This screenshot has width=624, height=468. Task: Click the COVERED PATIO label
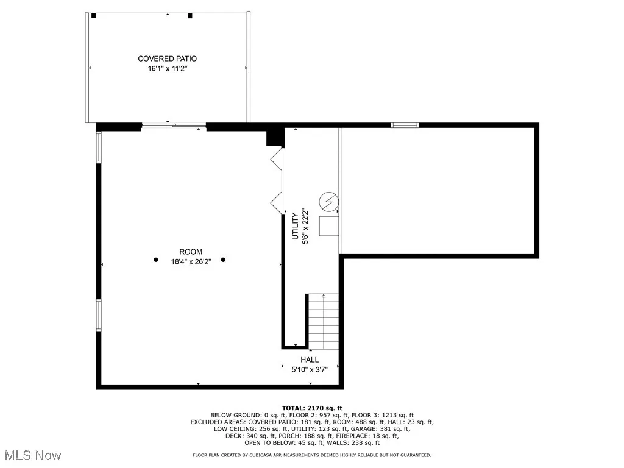tap(167, 59)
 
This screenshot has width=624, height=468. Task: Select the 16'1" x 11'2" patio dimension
tap(167, 69)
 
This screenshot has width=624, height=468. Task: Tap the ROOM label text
tap(190, 252)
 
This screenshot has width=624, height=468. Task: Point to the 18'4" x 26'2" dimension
tap(190, 262)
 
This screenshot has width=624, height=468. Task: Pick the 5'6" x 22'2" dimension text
tap(306, 226)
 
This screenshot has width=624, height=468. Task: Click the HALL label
tap(309, 360)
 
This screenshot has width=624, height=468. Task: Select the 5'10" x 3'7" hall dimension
tap(309, 369)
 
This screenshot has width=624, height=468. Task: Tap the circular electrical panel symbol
tap(328, 200)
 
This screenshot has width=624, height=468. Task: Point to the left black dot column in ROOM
tap(155, 260)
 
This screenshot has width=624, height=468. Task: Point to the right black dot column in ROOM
tap(223, 260)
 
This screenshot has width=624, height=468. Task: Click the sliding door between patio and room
tap(174, 126)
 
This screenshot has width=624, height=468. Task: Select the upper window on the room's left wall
tap(99, 147)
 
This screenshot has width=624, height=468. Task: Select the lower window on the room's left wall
tap(99, 315)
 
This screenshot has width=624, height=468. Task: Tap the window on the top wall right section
tap(405, 126)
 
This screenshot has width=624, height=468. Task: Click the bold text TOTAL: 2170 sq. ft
tap(312, 408)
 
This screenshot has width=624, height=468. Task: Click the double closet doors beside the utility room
tap(277, 181)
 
